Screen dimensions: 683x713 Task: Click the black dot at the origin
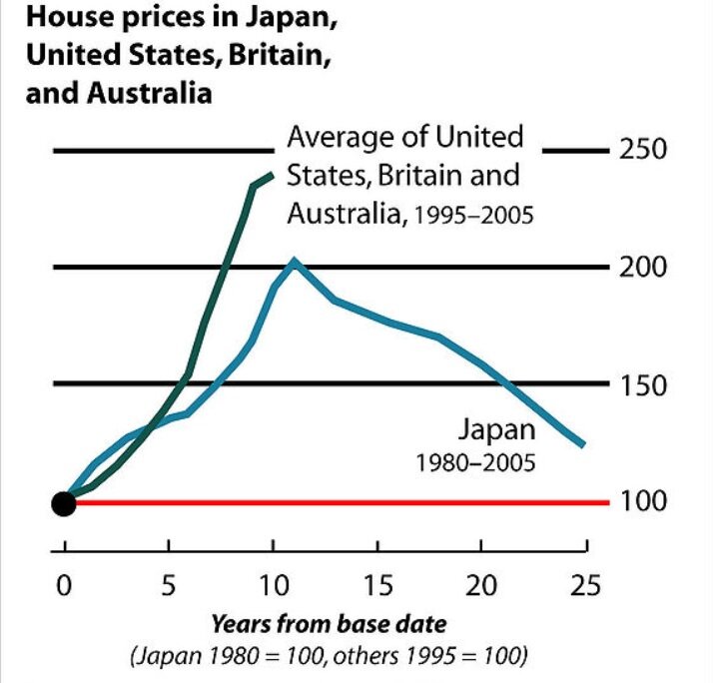click(x=64, y=502)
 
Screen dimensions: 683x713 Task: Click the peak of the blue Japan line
click(x=294, y=261)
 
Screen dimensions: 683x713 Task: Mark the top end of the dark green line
click(x=272, y=175)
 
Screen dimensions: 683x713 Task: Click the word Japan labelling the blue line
click(x=496, y=430)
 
